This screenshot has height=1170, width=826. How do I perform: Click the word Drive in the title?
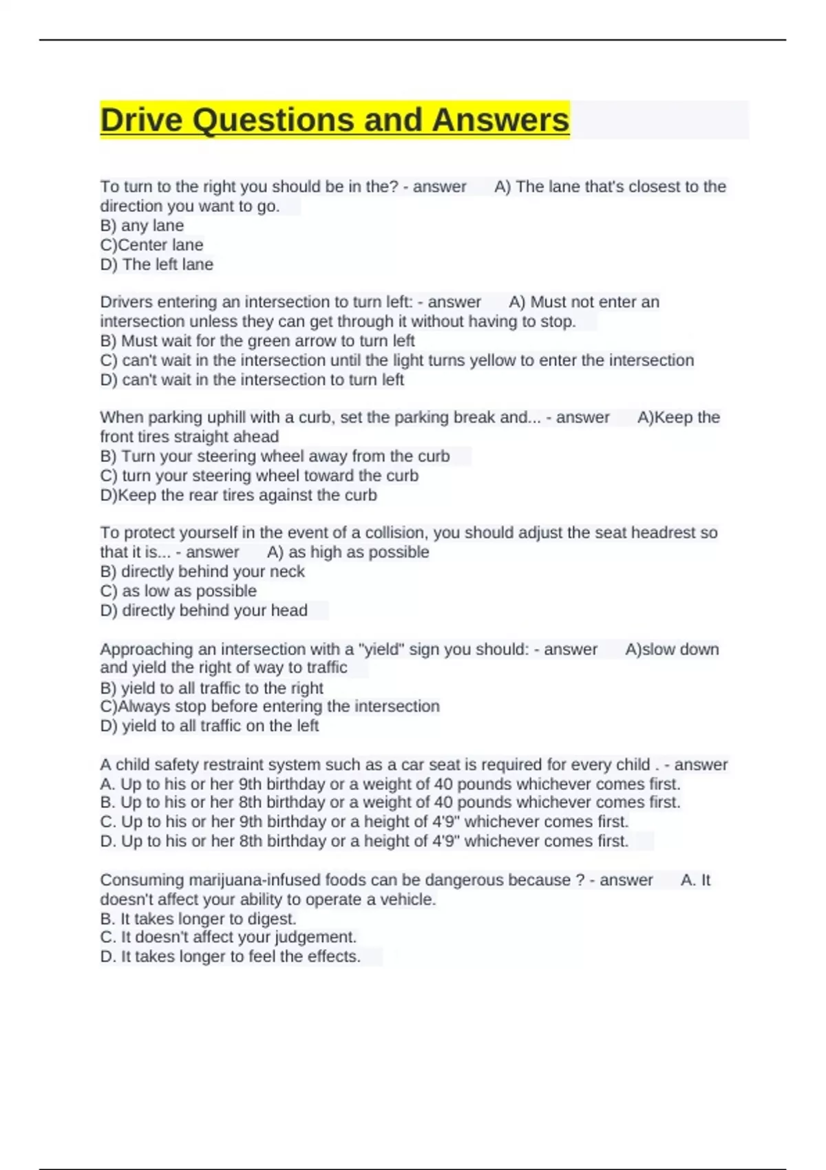click(x=142, y=120)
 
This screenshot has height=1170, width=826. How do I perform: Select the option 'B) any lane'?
click(x=142, y=226)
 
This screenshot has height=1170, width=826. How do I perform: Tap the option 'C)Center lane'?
click(x=151, y=245)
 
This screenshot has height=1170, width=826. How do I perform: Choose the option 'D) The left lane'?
click(x=157, y=264)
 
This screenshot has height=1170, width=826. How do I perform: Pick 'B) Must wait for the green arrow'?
click(x=257, y=341)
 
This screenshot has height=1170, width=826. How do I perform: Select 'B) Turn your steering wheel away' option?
click(x=275, y=456)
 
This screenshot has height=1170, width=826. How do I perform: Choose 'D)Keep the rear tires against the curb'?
click(x=238, y=495)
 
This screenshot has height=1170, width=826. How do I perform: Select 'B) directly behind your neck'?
click(x=202, y=571)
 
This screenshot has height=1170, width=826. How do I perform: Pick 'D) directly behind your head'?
click(x=204, y=610)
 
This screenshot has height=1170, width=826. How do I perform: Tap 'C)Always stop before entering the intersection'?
click(x=270, y=706)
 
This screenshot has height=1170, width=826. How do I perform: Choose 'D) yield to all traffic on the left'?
click(x=209, y=725)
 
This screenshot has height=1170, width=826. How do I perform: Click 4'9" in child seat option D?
click(x=441, y=841)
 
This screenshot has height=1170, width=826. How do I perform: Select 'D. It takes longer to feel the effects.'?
click(x=230, y=957)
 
